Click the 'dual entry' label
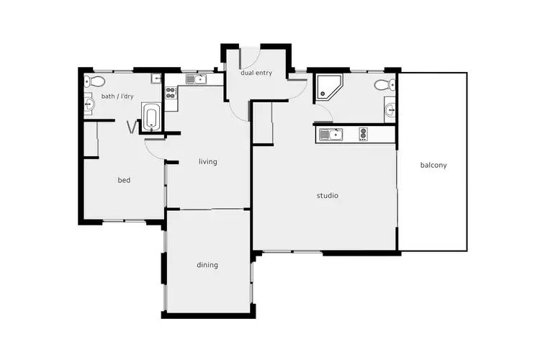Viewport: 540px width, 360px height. pos(256,73)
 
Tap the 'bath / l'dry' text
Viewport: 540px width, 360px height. pos(117,96)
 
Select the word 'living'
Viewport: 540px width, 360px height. pos(208,161)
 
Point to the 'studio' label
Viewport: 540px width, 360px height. pos(328,195)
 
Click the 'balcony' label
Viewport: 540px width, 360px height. pos(433,165)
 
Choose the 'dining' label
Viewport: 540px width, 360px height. pos(207,264)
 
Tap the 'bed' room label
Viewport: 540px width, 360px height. pos(124,180)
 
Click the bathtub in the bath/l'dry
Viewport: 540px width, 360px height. pos(152,117)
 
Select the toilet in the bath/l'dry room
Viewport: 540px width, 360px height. pos(89,81)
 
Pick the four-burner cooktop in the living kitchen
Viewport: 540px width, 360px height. pos(171,92)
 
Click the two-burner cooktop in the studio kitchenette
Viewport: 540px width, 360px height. pos(364,133)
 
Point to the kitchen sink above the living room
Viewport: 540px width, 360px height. pos(194,79)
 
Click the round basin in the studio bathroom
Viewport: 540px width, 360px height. pos(390,110)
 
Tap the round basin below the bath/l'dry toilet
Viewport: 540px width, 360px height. pos(89,105)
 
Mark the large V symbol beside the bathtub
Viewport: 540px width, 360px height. pos(131,127)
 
